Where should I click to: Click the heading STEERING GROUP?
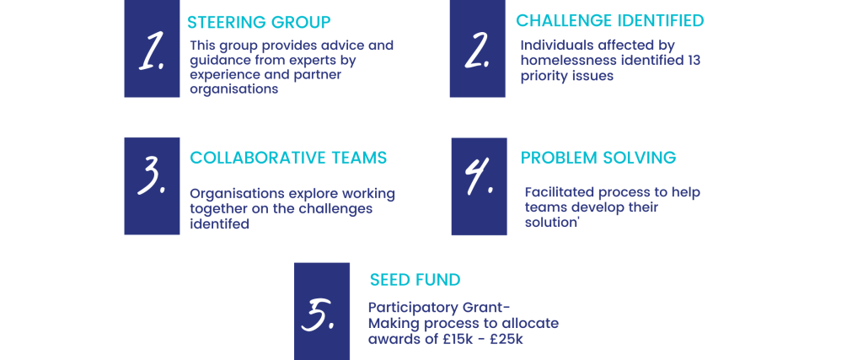259,23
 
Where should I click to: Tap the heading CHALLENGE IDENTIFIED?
610,20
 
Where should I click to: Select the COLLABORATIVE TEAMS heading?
288,158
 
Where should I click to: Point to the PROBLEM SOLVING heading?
598,158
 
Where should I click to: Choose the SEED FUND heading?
415,280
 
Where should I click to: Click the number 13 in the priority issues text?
694,61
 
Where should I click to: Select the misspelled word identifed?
220,224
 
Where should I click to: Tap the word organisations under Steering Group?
234,89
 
